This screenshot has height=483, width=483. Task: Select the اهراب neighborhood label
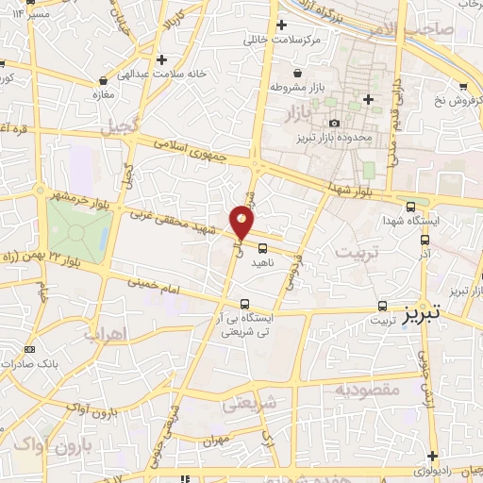pyautogui.click(x=104, y=334)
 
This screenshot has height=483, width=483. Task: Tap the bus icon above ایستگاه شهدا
pyautogui.click(x=410, y=207)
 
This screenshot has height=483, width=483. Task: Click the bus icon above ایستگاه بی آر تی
pyautogui.click(x=245, y=304)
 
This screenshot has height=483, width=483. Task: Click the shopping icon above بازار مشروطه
pyautogui.click(x=298, y=72)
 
